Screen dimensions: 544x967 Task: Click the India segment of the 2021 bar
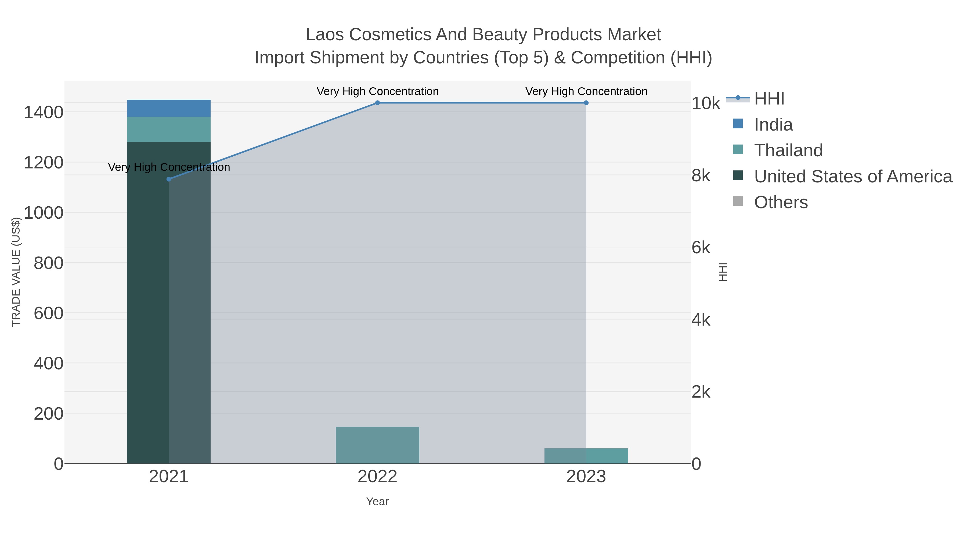[168, 108]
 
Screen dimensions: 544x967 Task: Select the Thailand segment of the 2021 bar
[168, 129]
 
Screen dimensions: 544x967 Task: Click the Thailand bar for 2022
[377, 445]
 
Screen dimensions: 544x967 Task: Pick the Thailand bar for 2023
[586, 456]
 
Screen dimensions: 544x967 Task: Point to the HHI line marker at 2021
[168, 179]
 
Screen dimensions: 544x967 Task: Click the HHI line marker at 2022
[377, 103]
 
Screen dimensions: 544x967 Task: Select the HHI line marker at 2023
[586, 103]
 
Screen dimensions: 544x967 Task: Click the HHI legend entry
[769, 99]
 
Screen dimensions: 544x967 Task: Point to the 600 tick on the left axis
[48, 313]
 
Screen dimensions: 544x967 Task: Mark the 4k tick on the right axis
[701, 320]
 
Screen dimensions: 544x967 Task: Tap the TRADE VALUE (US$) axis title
[16, 272]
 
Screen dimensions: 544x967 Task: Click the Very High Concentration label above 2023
[586, 91]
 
